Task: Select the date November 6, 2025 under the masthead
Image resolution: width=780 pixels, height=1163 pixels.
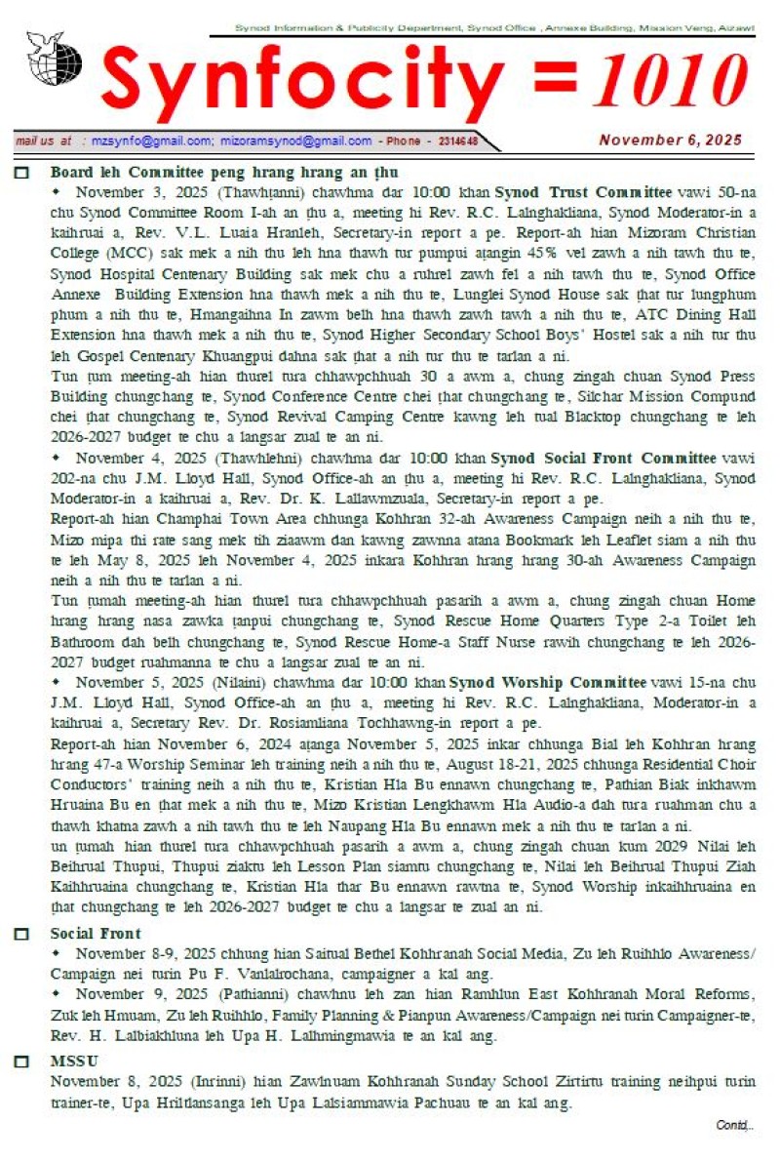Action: click(671, 140)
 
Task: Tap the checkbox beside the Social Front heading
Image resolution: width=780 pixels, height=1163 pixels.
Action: click(22, 934)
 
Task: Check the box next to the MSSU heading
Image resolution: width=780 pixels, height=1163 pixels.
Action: click(22, 1062)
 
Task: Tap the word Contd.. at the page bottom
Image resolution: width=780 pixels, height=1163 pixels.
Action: click(734, 1126)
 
